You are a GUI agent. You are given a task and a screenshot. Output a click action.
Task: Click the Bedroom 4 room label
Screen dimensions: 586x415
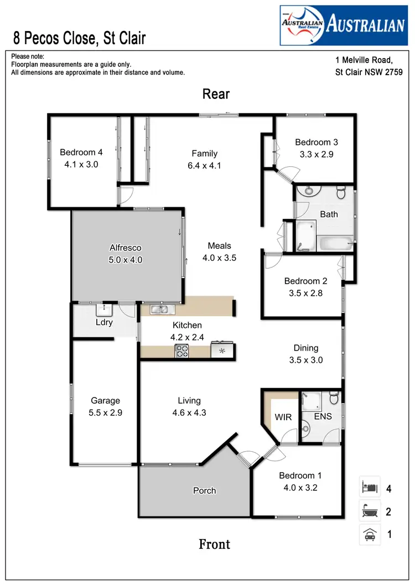click(x=81, y=153)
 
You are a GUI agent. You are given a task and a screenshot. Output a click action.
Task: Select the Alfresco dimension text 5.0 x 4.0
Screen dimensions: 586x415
click(x=126, y=259)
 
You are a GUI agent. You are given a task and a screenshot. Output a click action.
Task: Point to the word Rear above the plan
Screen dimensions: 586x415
click(x=216, y=94)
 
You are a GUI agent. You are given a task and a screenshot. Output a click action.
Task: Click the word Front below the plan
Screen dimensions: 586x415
click(x=214, y=545)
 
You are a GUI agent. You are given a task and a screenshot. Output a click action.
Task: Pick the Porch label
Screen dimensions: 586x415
click(x=204, y=490)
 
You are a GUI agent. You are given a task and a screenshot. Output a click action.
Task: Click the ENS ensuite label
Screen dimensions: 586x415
click(x=323, y=416)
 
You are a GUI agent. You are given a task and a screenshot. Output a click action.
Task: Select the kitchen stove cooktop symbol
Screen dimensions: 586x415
click(x=182, y=350)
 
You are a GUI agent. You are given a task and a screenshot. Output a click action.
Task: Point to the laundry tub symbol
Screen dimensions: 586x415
click(x=104, y=309)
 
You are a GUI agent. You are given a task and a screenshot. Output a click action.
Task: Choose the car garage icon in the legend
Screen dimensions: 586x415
click(x=369, y=535)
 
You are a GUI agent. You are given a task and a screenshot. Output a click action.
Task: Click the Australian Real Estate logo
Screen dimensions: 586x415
click(x=343, y=25)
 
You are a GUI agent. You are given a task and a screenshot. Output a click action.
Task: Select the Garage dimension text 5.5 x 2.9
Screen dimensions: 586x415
click(x=105, y=412)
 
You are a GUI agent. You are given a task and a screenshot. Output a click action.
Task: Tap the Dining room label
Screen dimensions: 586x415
click(x=306, y=348)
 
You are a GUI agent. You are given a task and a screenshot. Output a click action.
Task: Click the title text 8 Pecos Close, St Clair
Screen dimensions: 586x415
click(x=80, y=38)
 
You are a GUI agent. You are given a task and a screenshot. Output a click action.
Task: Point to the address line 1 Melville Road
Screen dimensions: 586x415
click(x=364, y=60)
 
